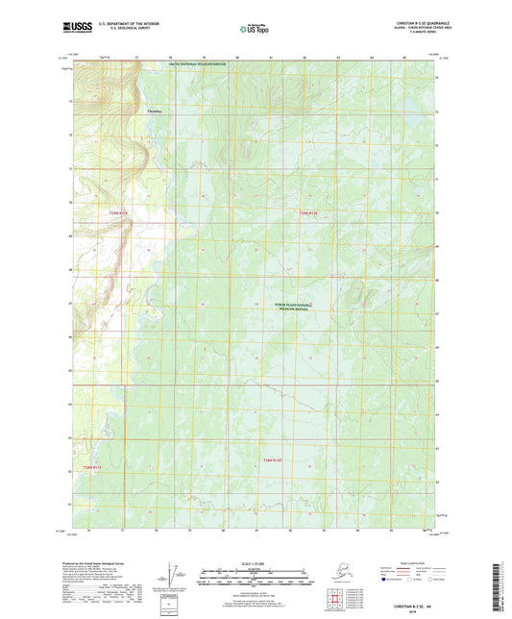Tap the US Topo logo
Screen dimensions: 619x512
coord(253,30)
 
